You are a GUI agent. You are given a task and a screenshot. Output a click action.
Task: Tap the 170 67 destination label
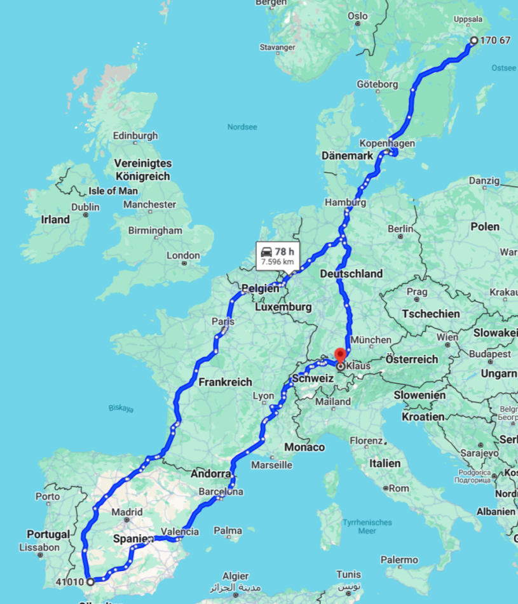pos(495,40)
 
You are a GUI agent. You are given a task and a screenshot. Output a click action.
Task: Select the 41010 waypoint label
pos(70,581)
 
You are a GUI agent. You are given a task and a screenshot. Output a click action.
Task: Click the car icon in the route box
pos(266,252)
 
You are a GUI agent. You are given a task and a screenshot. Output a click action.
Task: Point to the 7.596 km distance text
pos(278,262)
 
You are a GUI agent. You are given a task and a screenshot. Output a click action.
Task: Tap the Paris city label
pos(223,321)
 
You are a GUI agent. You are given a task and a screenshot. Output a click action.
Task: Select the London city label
pos(183,255)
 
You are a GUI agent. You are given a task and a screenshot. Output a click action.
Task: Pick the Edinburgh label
pos(135,135)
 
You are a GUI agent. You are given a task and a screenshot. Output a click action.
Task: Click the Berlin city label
pos(400,229)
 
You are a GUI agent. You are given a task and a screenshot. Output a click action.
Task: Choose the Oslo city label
pos(358,16)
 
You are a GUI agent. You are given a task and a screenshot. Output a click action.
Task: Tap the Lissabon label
pos(39,547)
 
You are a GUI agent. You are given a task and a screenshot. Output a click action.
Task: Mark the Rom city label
pos(399,488)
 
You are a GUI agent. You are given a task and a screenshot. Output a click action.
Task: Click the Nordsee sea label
pos(242,127)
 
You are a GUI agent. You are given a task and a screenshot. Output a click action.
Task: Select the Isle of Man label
pos(113,191)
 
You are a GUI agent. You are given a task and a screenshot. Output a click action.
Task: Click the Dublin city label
pos(85,207)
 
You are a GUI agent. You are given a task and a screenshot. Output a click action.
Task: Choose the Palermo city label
pos(400,560)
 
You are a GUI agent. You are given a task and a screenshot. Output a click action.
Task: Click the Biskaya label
pos(120,408)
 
